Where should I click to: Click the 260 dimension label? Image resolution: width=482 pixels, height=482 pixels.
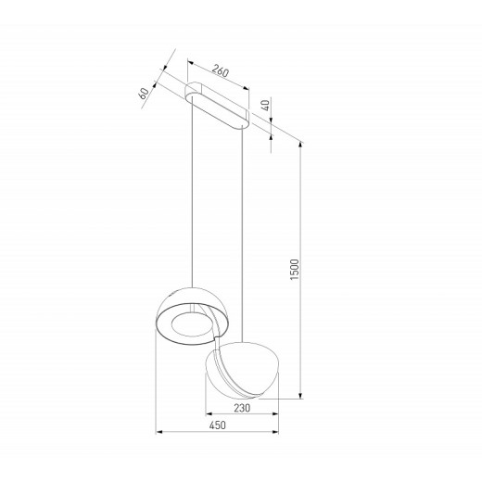click(220, 70)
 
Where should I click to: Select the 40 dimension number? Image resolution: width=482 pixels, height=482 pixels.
click(267, 107)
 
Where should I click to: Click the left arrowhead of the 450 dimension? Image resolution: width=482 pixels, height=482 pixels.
click(159, 431)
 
